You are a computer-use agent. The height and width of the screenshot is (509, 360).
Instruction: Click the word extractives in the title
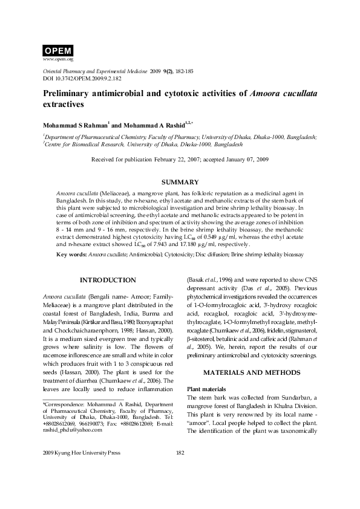tap(62, 105)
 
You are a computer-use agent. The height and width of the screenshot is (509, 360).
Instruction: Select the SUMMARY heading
tap(180, 182)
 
